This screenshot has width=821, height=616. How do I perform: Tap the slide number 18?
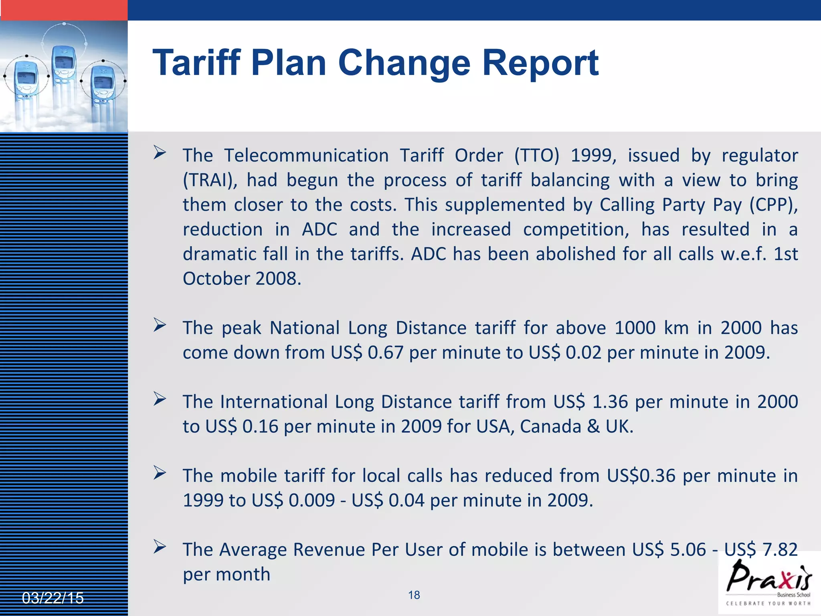pos(414,595)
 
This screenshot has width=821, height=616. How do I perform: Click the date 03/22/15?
pos(53,598)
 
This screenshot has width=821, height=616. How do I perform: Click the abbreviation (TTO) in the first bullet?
pos(537,156)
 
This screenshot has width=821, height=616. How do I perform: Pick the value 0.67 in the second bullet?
pos(385,353)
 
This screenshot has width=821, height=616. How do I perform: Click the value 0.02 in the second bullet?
pos(583,353)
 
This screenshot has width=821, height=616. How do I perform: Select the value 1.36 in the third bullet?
pos(610,402)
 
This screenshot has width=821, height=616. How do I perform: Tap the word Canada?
pos(550,427)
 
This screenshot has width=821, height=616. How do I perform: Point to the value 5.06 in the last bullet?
pos(688,550)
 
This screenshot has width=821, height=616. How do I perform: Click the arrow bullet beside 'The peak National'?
pos(160,325)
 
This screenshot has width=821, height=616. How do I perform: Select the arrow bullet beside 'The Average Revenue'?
pos(160,547)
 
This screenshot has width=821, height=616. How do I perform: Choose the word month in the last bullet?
pos(243,574)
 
